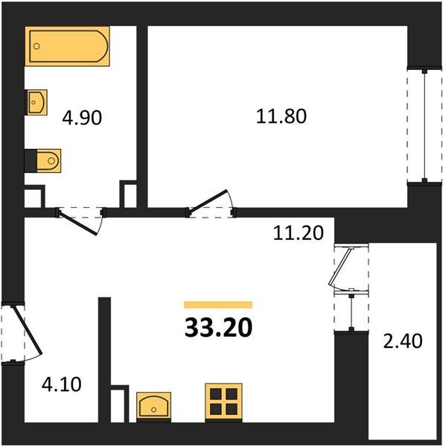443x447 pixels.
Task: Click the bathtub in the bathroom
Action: point(67,46)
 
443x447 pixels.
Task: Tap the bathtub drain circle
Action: point(36,46)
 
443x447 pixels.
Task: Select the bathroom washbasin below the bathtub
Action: point(36,102)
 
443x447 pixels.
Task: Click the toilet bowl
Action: point(48,161)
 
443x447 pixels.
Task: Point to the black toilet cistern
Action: point(31,161)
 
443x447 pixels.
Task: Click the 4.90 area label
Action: point(82,118)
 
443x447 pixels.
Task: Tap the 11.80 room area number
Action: point(281,116)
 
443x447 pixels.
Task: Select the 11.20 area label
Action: point(299,233)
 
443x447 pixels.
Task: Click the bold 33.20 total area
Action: point(218,328)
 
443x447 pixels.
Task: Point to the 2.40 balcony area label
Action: point(403,341)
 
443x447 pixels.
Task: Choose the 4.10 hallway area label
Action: point(62,384)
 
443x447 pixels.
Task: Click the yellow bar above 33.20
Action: point(218,305)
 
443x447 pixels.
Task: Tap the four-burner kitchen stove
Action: point(223,402)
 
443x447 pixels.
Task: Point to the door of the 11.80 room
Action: point(208,201)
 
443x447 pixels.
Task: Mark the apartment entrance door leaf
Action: point(28,330)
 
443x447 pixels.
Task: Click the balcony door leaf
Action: point(340,267)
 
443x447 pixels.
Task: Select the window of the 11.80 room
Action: point(424,125)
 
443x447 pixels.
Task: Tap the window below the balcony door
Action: point(351,312)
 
